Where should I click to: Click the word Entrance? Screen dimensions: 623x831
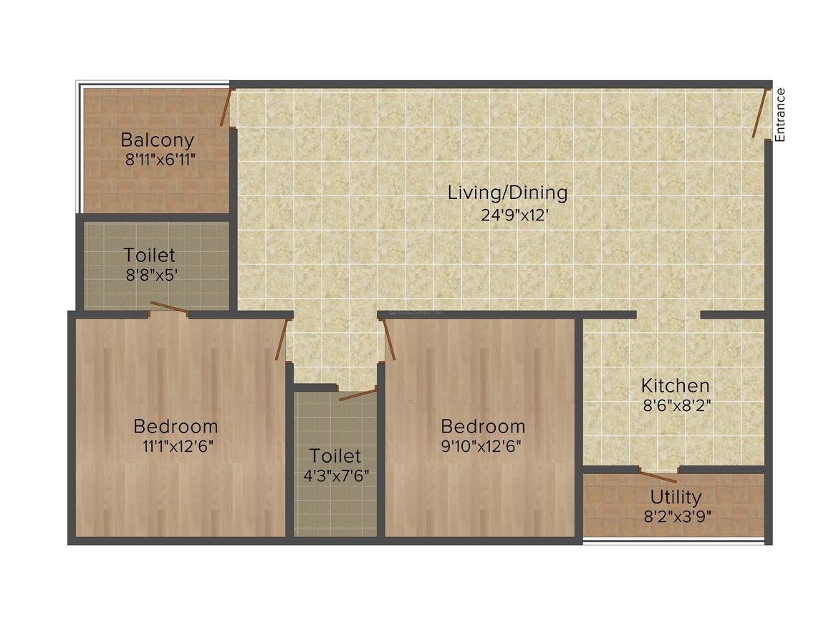pos(781,115)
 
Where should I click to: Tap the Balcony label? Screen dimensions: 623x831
pos(157,139)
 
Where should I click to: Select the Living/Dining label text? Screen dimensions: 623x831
pos(507,192)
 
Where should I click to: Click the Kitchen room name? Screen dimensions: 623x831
pos(675,385)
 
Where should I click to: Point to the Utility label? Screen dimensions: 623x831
pos(676,496)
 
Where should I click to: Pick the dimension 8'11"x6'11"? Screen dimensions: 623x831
pos(160,158)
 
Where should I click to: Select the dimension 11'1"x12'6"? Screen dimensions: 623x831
pos(178,445)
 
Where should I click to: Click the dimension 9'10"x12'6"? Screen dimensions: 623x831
pos(482,445)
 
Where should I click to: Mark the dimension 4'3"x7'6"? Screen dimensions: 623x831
pos(336,474)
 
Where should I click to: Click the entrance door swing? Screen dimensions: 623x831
pos(760,112)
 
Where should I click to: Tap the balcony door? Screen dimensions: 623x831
pos(226,108)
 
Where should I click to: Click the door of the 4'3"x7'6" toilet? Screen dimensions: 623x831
pos(357,394)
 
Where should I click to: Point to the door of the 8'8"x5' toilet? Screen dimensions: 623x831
pos(169,309)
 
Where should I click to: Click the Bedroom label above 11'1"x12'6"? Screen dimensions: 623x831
pos(176,426)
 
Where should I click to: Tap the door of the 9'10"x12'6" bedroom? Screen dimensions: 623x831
pos(389,339)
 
